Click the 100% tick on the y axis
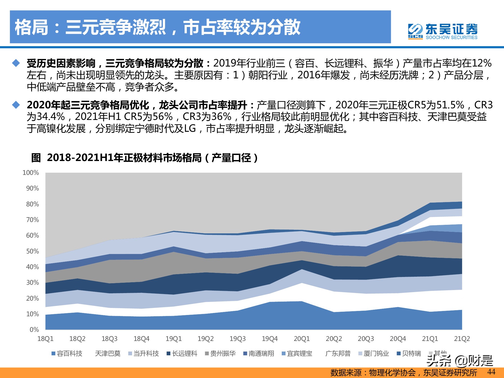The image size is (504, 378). pyautogui.click(x=31, y=173)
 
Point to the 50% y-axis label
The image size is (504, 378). pyautogui.click(x=33, y=251)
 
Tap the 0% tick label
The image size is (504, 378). pyautogui.click(x=34, y=330)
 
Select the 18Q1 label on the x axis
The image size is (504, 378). pyautogui.click(x=45, y=339)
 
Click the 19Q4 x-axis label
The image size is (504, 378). pyautogui.click(x=270, y=339)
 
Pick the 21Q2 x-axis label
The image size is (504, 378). pyautogui.click(x=462, y=339)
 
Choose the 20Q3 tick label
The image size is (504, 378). pyautogui.click(x=366, y=339)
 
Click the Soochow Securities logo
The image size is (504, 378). pyautogui.click(x=443, y=31)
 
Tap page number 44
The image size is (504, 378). pyautogui.click(x=491, y=372)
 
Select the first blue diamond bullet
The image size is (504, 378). pyautogui.click(x=16, y=63)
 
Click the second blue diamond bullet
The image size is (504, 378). pyautogui.click(x=16, y=105)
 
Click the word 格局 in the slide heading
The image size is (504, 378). pyautogui.click(x=31, y=27)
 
